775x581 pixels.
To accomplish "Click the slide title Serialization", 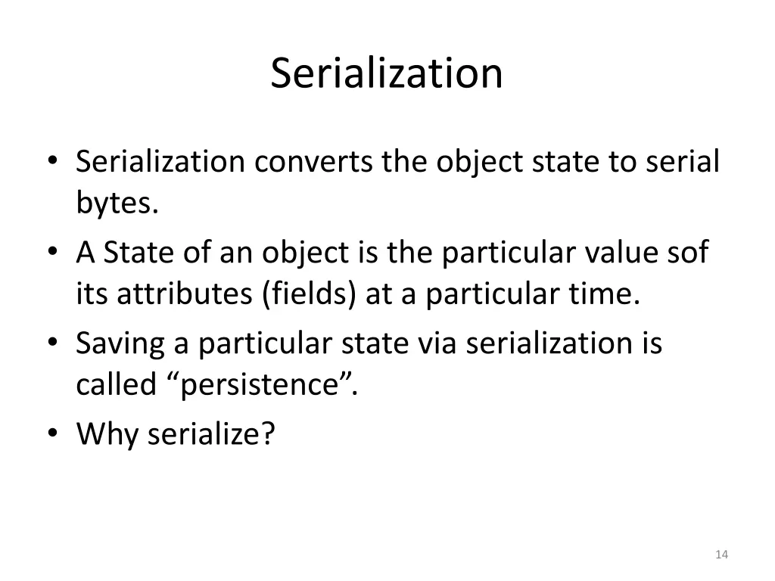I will (x=387, y=73).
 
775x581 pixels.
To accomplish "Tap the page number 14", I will (x=721, y=555).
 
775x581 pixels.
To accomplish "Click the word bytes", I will (x=117, y=204).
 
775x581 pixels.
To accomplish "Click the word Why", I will (x=107, y=434).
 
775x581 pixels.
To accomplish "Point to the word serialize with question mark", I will (x=210, y=434).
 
